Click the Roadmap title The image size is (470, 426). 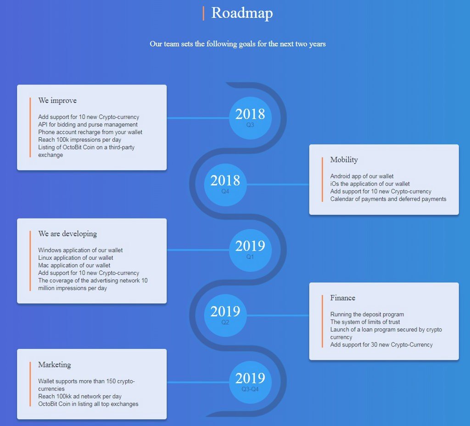242,13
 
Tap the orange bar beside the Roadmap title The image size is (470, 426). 203,13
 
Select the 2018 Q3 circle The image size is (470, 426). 250,118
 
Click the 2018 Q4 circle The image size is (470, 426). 225,185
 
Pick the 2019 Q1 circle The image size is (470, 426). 250,250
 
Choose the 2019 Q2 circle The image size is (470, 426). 225,316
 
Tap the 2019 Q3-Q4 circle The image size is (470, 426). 250,382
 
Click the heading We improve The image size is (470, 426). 57,101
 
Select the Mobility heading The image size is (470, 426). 344,160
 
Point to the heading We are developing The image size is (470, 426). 67,234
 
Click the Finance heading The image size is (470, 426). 342,297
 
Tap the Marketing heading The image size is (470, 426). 55,365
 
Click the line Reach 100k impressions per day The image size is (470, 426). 79,140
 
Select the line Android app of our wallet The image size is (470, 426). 362,176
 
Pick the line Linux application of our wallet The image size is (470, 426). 76,258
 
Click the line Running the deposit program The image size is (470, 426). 367,314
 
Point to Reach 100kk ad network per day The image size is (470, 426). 80,396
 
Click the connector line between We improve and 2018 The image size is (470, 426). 198,118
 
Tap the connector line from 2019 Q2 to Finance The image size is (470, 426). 278,315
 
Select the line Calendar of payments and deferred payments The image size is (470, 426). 388,199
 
